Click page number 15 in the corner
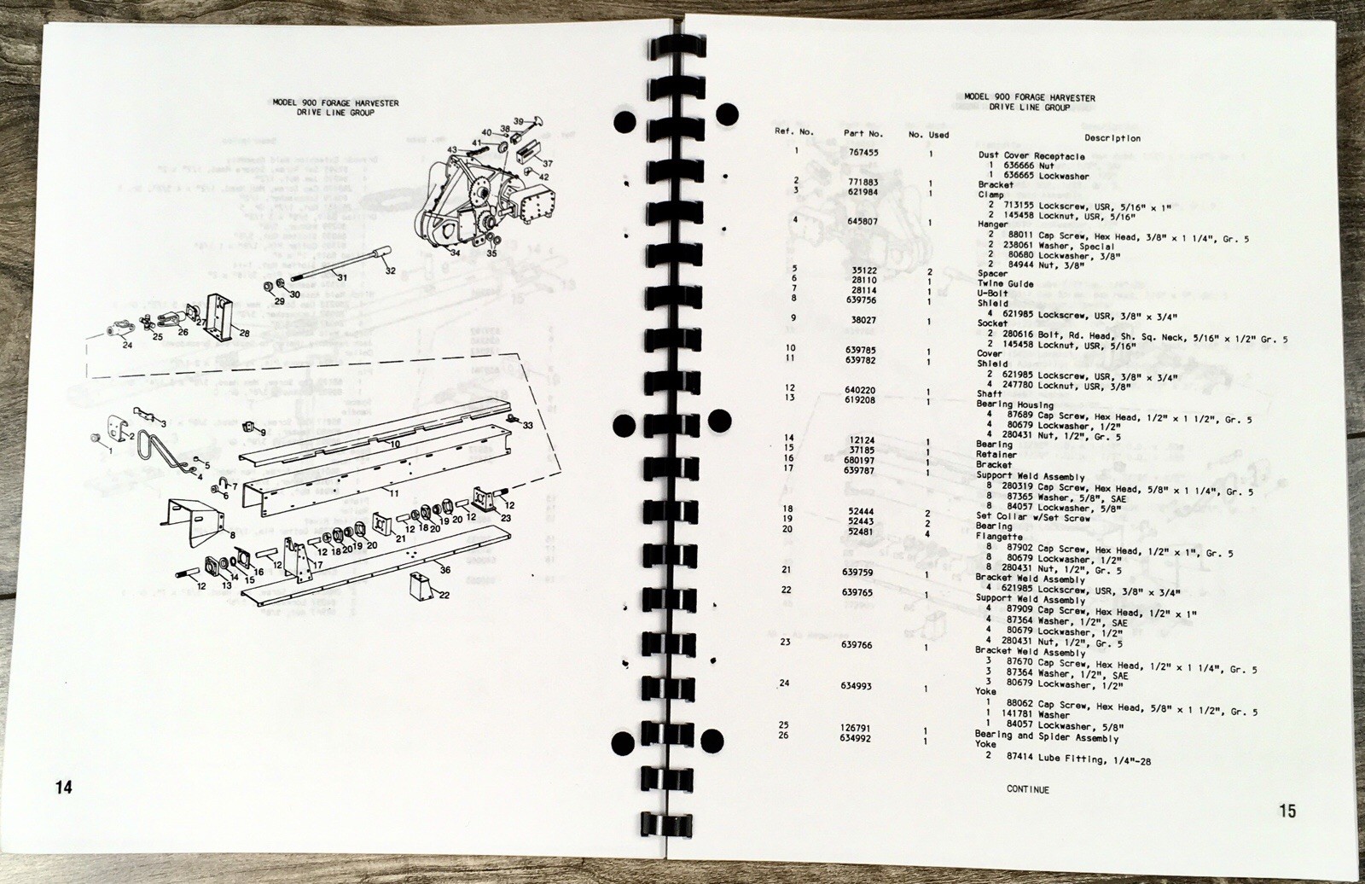click(x=1287, y=811)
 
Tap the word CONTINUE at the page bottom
click(x=1028, y=789)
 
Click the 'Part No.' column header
click(x=864, y=133)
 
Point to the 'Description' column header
click(x=1112, y=137)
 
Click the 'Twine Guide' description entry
click(x=1005, y=284)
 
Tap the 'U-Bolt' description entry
click(x=994, y=294)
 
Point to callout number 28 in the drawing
click(x=245, y=333)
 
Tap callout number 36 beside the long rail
click(x=444, y=570)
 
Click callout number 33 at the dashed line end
click(x=528, y=424)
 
